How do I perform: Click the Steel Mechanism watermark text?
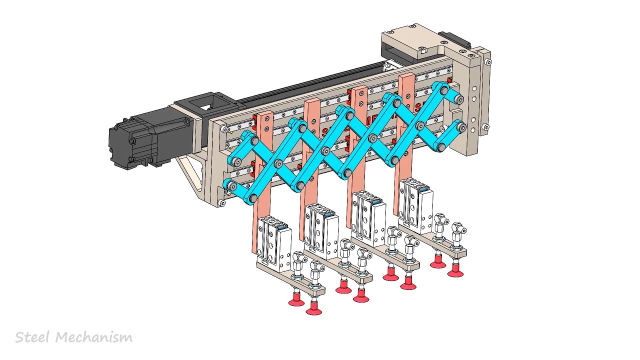[x=74, y=337]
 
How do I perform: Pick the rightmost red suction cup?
[x=455, y=272]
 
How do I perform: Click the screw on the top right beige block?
[x=422, y=49]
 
